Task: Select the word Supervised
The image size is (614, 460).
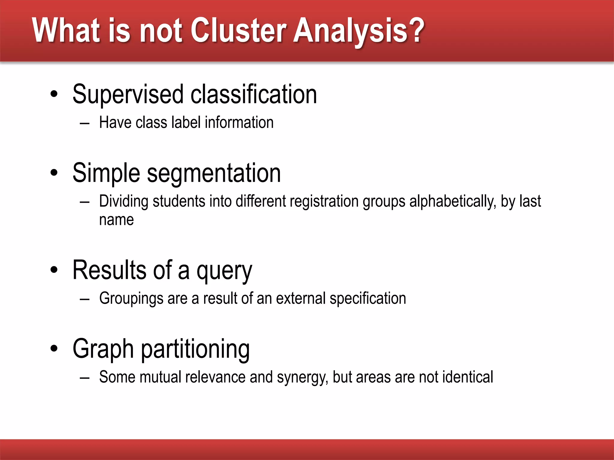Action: (128, 94)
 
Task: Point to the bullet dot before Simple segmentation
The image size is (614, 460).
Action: (54, 173)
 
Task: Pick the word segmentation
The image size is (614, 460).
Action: (214, 173)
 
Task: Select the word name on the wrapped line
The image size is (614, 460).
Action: (116, 220)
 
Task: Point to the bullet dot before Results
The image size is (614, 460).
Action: (54, 270)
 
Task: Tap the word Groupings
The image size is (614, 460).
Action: (131, 299)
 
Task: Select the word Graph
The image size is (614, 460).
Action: (103, 349)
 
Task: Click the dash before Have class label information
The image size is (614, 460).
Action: (85, 123)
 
